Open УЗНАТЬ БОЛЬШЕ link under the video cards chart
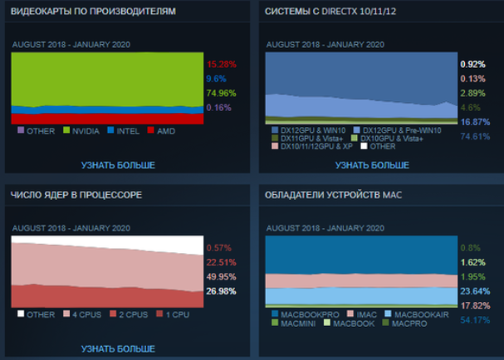[118, 165]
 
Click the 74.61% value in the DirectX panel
[474, 137]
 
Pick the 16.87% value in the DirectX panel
[474, 122]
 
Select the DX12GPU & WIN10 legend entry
[308, 130]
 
